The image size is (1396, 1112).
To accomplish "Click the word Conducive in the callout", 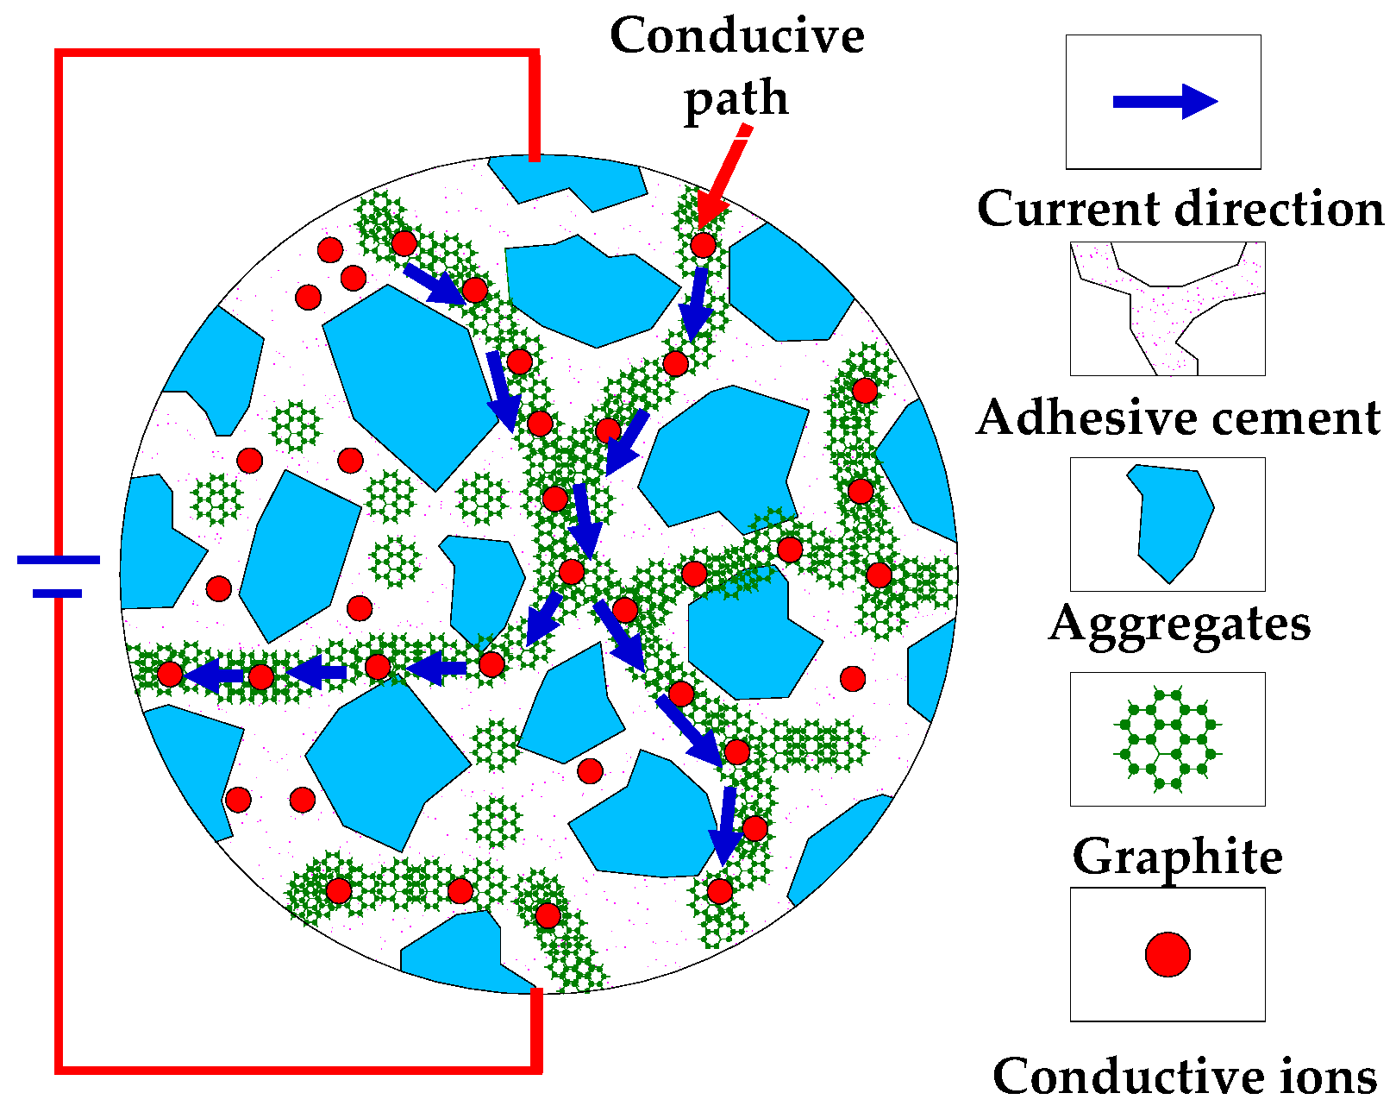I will click(x=736, y=36).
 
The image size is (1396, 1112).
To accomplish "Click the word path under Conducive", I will click(x=736, y=98).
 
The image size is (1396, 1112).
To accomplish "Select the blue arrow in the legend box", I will click(x=1164, y=102).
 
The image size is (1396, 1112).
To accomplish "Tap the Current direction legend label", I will click(x=1180, y=209).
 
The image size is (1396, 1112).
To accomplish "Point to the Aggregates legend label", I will click(x=1180, y=623).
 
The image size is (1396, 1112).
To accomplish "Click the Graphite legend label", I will click(x=1177, y=857).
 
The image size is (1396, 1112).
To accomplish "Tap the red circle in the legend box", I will click(x=1168, y=954).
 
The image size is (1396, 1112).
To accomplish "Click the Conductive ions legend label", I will click(x=1184, y=1076).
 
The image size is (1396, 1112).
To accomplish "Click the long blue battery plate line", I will click(x=59, y=560).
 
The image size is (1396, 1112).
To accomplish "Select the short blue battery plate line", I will click(x=58, y=594).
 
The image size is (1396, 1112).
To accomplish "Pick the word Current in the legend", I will click(x=1069, y=209).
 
